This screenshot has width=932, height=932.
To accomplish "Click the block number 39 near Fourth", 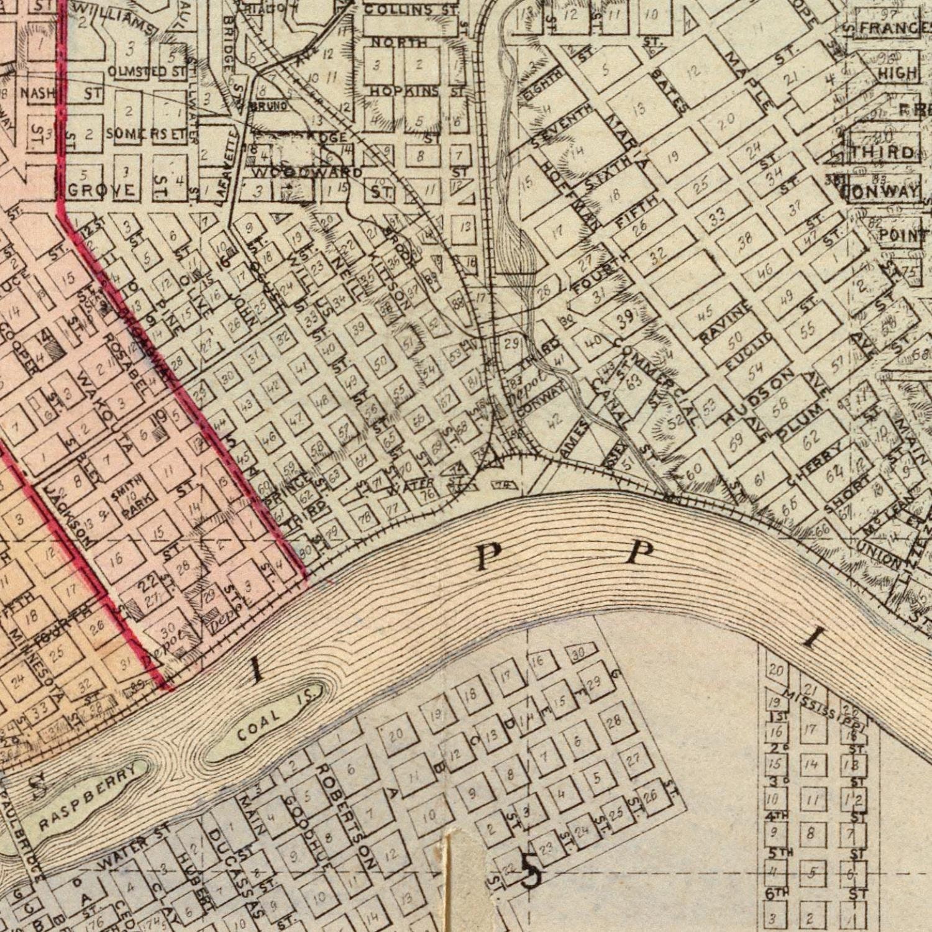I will tap(626, 318).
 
